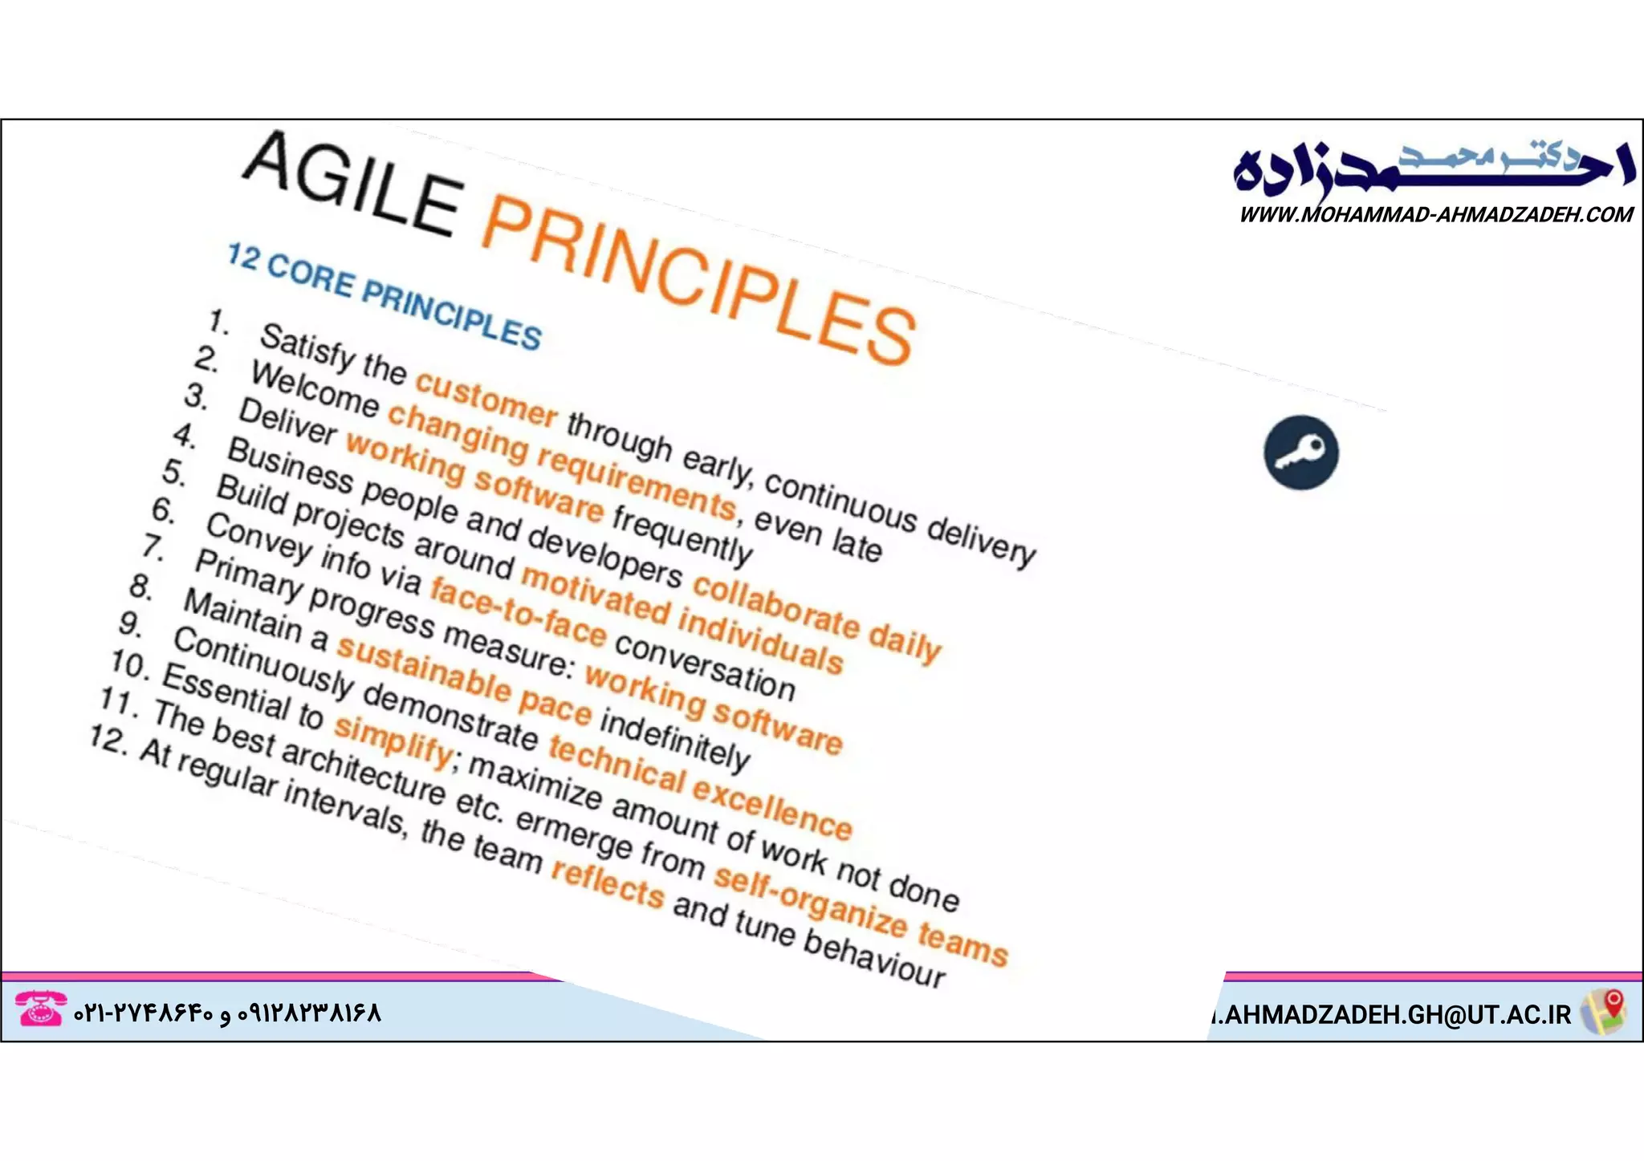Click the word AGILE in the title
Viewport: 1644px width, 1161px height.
353,185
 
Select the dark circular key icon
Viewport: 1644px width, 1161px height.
1300,453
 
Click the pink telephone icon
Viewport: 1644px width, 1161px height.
40,1009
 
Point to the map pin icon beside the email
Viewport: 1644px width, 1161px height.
1604,1011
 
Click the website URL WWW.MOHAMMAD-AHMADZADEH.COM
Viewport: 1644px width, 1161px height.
1435,215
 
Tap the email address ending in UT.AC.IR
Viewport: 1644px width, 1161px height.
1393,1014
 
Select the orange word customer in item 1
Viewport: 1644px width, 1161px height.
486,399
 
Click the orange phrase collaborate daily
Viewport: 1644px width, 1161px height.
815,618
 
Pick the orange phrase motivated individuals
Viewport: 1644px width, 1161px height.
682,618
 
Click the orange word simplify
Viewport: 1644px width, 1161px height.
393,738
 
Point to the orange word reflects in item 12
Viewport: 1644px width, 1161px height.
608,883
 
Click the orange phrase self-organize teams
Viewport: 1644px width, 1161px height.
859,915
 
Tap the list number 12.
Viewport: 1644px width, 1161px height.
108,738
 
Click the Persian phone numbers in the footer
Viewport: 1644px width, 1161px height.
227,1013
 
